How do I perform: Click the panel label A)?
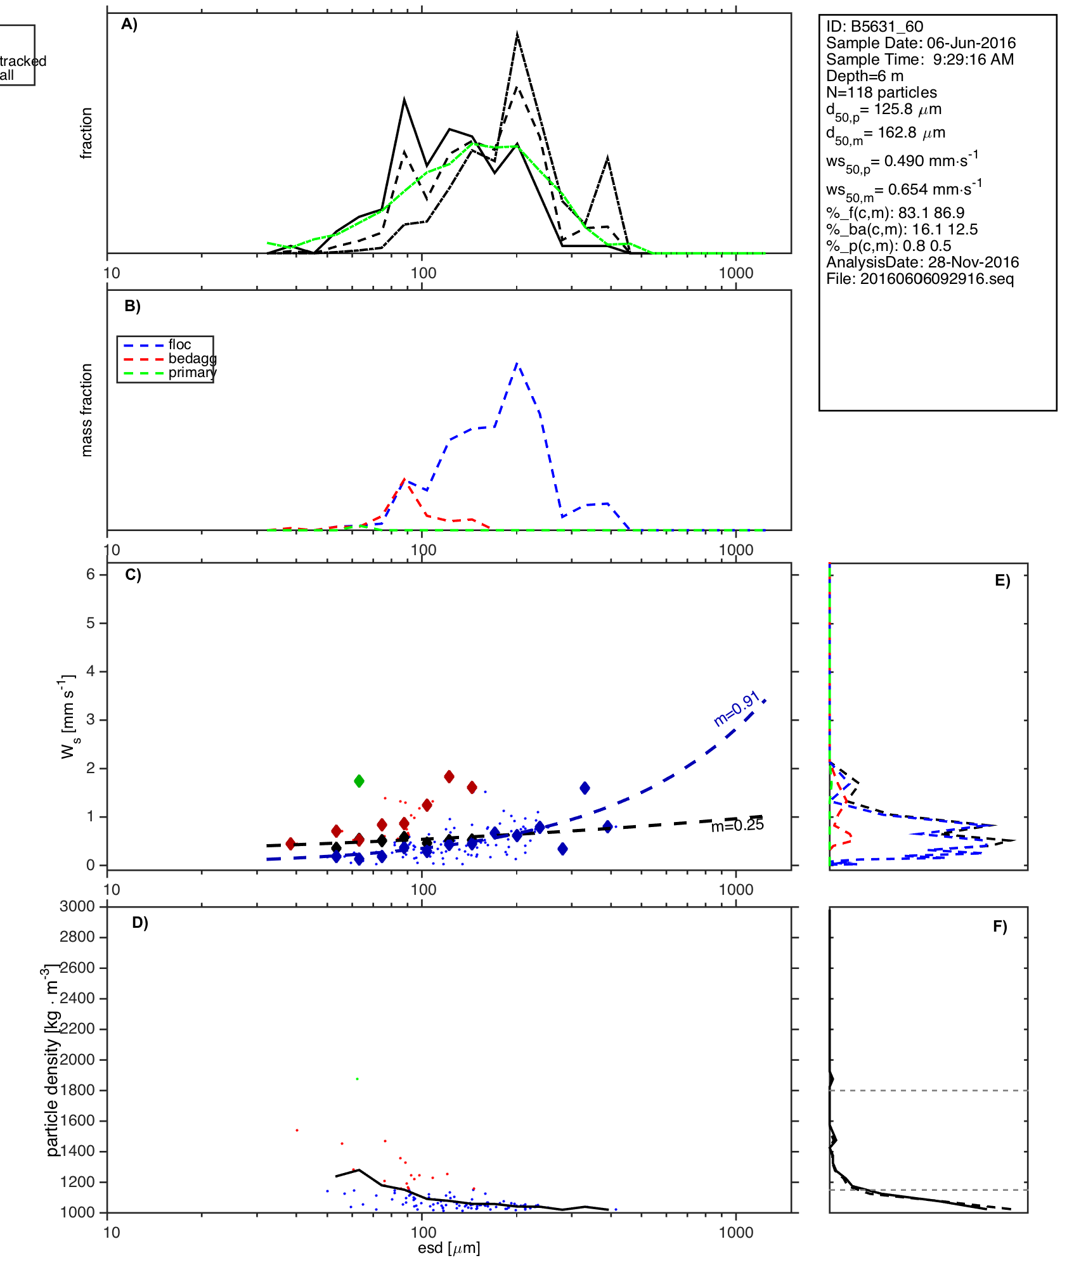(129, 25)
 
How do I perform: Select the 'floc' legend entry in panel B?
(179, 345)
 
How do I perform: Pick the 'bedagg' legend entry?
(192, 359)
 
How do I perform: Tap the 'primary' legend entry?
(192, 373)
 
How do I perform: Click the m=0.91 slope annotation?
(737, 709)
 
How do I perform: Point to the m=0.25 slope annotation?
(737, 825)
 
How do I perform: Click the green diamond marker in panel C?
(359, 781)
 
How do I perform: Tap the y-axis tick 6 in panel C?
(91, 574)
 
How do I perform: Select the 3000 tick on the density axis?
(77, 906)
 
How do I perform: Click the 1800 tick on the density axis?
(77, 1090)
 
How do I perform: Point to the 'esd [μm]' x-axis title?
(449, 1248)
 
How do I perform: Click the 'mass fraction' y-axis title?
(87, 410)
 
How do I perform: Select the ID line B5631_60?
(874, 27)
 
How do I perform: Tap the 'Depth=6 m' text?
(864, 76)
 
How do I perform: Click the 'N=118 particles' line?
(881, 93)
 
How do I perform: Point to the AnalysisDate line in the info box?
(922, 262)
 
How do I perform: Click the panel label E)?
(1002, 581)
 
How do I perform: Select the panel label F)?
(1000, 927)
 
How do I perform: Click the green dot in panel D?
(358, 1079)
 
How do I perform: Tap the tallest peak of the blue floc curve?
(517, 363)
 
